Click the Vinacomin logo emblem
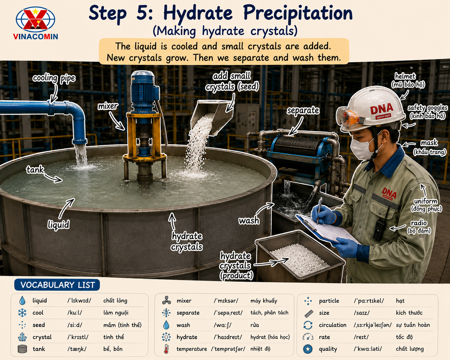tap(35, 20)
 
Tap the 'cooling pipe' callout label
tap(54, 78)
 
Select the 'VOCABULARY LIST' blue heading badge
tap(57, 285)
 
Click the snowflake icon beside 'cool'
tap(22, 313)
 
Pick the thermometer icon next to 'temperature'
tap(166, 349)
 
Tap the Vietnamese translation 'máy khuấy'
tap(264, 301)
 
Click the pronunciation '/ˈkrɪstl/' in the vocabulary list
tap(78, 337)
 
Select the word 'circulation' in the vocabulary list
tap(333, 325)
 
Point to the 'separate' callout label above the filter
tap(303, 110)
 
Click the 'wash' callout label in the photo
tap(249, 220)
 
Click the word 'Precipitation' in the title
tap(298, 13)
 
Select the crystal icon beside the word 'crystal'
tap(22, 337)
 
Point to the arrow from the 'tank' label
tap(53, 178)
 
